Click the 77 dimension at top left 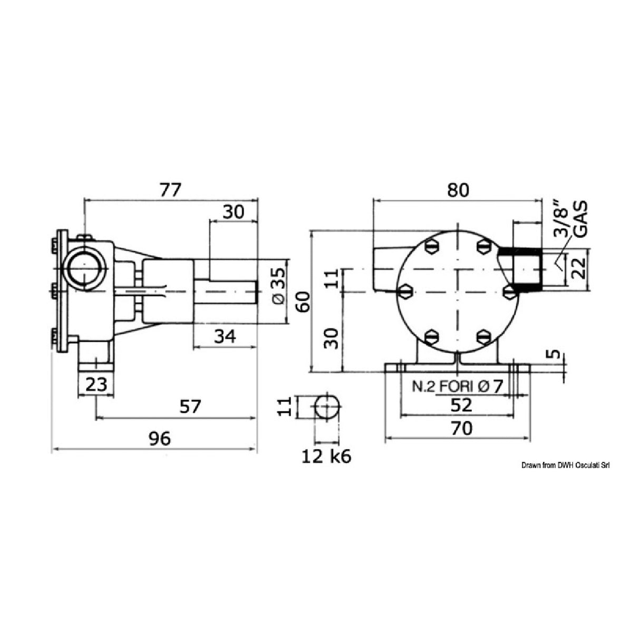[x=170, y=189]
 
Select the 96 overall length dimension [x=160, y=438]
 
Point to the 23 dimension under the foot [x=96, y=384]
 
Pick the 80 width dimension [x=457, y=190]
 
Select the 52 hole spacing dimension [x=461, y=405]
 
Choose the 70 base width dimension [x=461, y=429]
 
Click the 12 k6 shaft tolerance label [x=326, y=457]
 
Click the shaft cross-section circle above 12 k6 [x=327, y=406]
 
